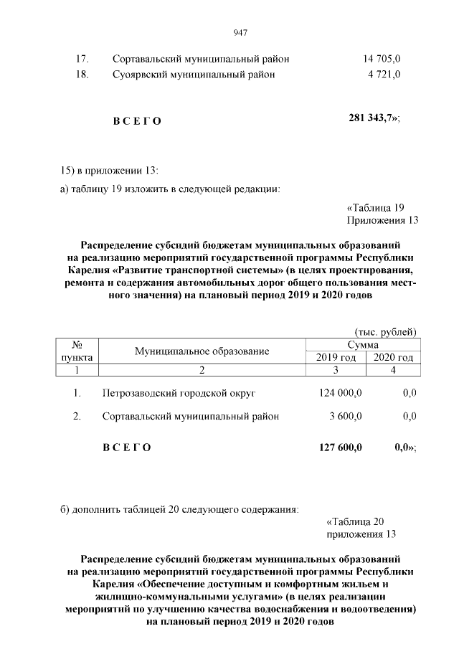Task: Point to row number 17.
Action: (x=82, y=58)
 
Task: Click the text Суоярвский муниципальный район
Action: (x=194, y=74)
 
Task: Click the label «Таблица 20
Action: (x=361, y=521)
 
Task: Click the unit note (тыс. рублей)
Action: (x=386, y=332)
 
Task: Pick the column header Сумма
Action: (x=361, y=345)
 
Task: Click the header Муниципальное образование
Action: (x=202, y=351)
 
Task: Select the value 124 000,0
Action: (x=340, y=393)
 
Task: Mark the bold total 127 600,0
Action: (x=340, y=447)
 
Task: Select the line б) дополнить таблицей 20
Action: (x=178, y=509)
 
